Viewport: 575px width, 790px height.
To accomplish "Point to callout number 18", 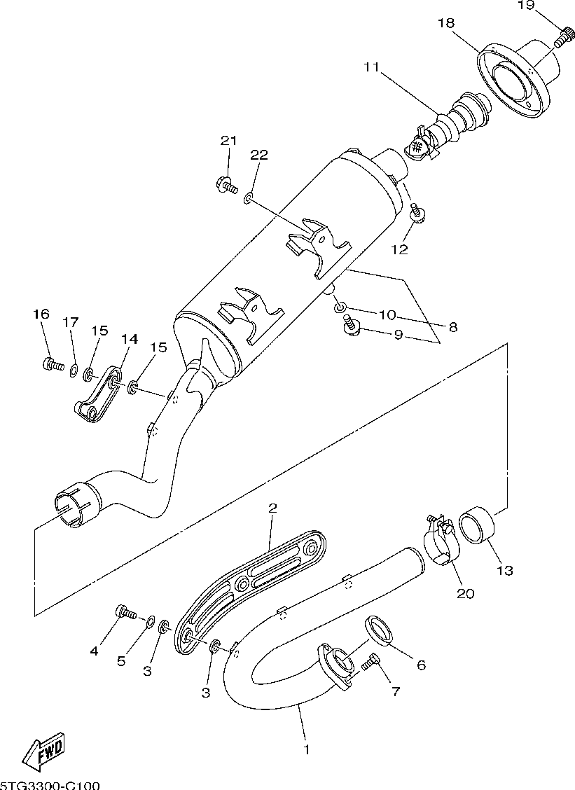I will click(x=446, y=23).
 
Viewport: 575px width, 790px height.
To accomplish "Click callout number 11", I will click(x=371, y=68).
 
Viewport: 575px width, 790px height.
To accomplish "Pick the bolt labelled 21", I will click(x=226, y=185).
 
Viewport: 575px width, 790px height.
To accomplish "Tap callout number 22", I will click(x=258, y=155).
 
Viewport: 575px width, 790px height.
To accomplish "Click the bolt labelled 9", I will click(x=351, y=324).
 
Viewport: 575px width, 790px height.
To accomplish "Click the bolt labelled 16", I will click(x=50, y=363).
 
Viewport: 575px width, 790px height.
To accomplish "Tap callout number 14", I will click(x=128, y=340).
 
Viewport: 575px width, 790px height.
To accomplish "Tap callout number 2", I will click(x=272, y=507).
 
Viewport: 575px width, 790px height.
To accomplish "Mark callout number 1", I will click(x=305, y=750).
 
